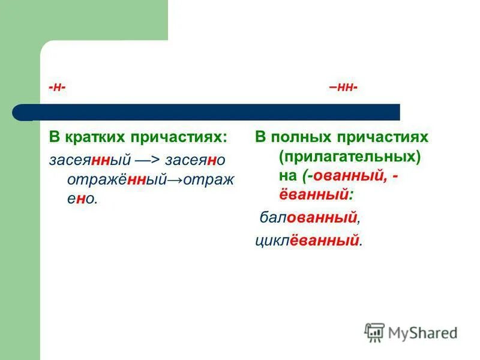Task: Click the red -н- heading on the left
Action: [58, 88]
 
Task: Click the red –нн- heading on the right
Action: [343, 88]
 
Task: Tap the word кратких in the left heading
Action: [95, 137]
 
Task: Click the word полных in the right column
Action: [302, 137]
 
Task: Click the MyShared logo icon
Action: [374, 332]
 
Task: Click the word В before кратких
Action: [54, 137]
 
